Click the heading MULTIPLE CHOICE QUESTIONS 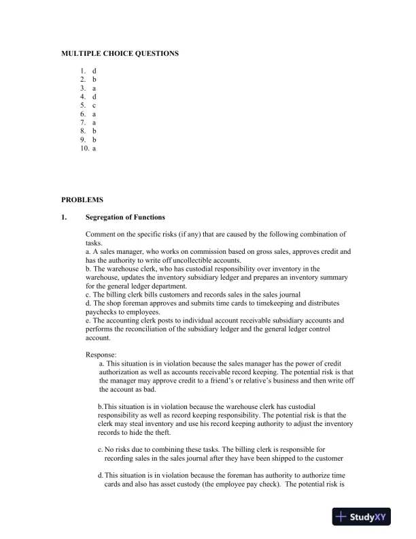coord(120,53)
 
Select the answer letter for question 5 coord(94,105)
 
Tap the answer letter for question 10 coord(94,148)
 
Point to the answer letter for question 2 coord(94,80)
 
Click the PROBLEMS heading coord(82,200)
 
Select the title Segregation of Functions coord(125,218)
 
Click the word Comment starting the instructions coord(100,234)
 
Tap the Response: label coord(101,355)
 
